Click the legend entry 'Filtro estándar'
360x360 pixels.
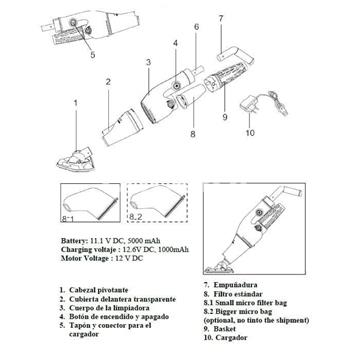tap(233, 297)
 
